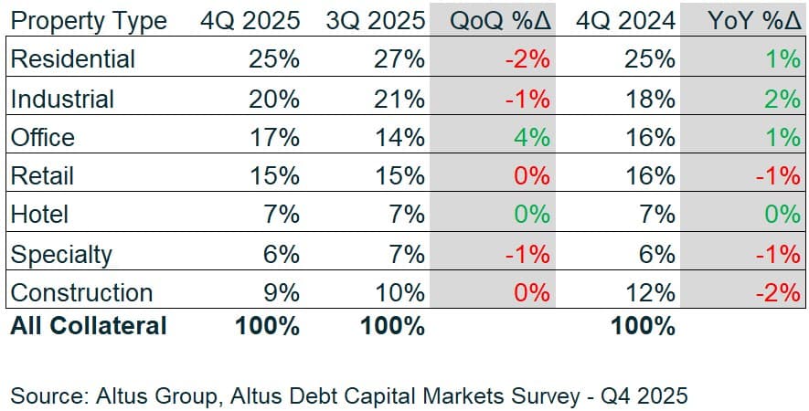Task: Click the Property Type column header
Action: [x=89, y=20]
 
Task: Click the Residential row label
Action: [x=72, y=59]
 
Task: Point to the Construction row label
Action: [x=81, y=293]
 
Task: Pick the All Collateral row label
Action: [x=89, y=326]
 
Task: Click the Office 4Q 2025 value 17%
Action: [x=273, y=138]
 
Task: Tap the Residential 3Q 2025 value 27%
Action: [x=399, y=59]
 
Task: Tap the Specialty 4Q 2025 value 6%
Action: [x=280, y=255]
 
